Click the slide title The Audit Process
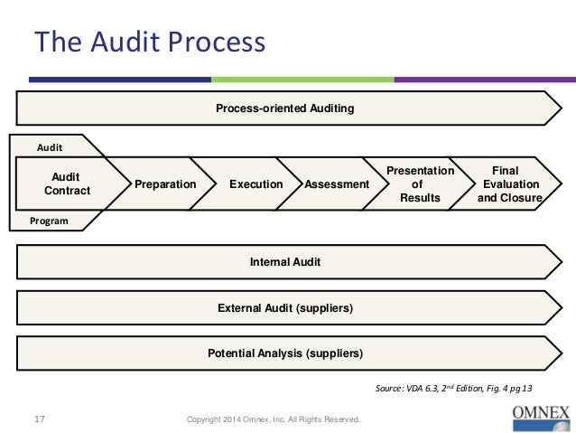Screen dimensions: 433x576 point(150,42)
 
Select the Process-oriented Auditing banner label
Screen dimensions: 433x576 point(284,108)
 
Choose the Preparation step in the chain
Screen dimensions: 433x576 point(165,184)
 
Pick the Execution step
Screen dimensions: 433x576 point(255,184)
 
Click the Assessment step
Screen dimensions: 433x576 point(337,184)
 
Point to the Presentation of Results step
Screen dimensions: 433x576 point(420,184)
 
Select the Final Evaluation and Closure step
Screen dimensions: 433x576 point(509,184)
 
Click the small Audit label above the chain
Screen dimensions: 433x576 point(49,146)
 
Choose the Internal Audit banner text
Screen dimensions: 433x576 point(284,262)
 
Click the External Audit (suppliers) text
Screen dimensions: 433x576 point(284,308)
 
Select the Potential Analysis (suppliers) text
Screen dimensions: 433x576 point(284,353)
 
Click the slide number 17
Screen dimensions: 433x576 point(40,419)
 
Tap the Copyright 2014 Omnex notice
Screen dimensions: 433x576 point(273,419)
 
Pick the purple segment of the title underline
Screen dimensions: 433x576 point(482,80)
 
